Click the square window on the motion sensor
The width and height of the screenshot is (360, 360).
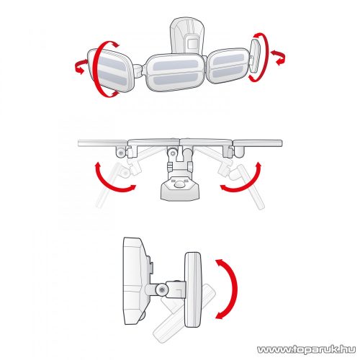click(192, 44)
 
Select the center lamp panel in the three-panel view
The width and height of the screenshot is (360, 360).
click(176, 72)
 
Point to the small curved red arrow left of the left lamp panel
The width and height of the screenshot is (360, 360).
click(80, 66)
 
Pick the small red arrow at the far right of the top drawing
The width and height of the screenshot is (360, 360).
click(279, 58)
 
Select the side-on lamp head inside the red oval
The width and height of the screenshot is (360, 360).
click(255, 56)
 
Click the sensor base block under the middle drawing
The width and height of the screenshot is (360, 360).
click(180, 189)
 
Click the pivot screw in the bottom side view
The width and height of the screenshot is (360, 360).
click(162, 289)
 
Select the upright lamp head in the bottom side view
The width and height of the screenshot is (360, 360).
click(192, 289)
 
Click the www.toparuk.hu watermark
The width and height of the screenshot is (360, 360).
click(306, 349)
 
